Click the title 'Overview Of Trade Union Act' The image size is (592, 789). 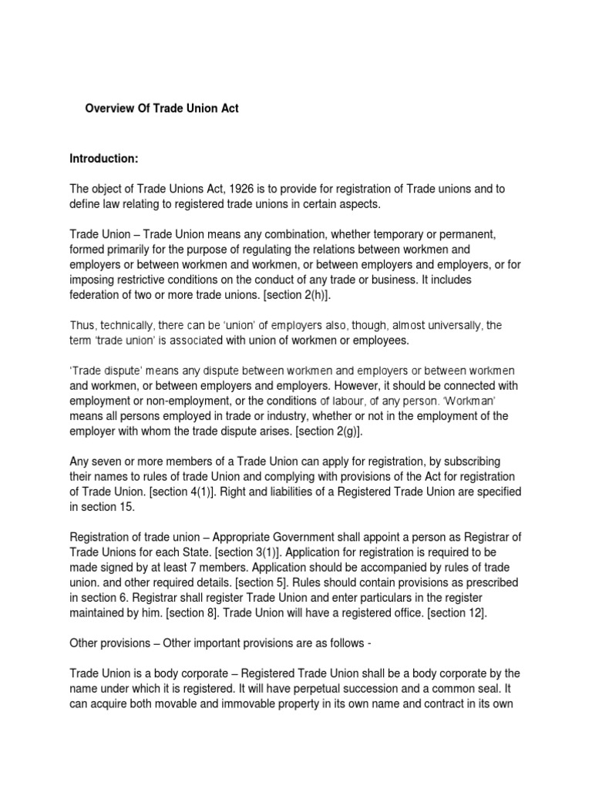tap(161, 109)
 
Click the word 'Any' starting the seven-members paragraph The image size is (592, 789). tap(79, 462)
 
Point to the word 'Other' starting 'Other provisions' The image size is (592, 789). tap(83, 644)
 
